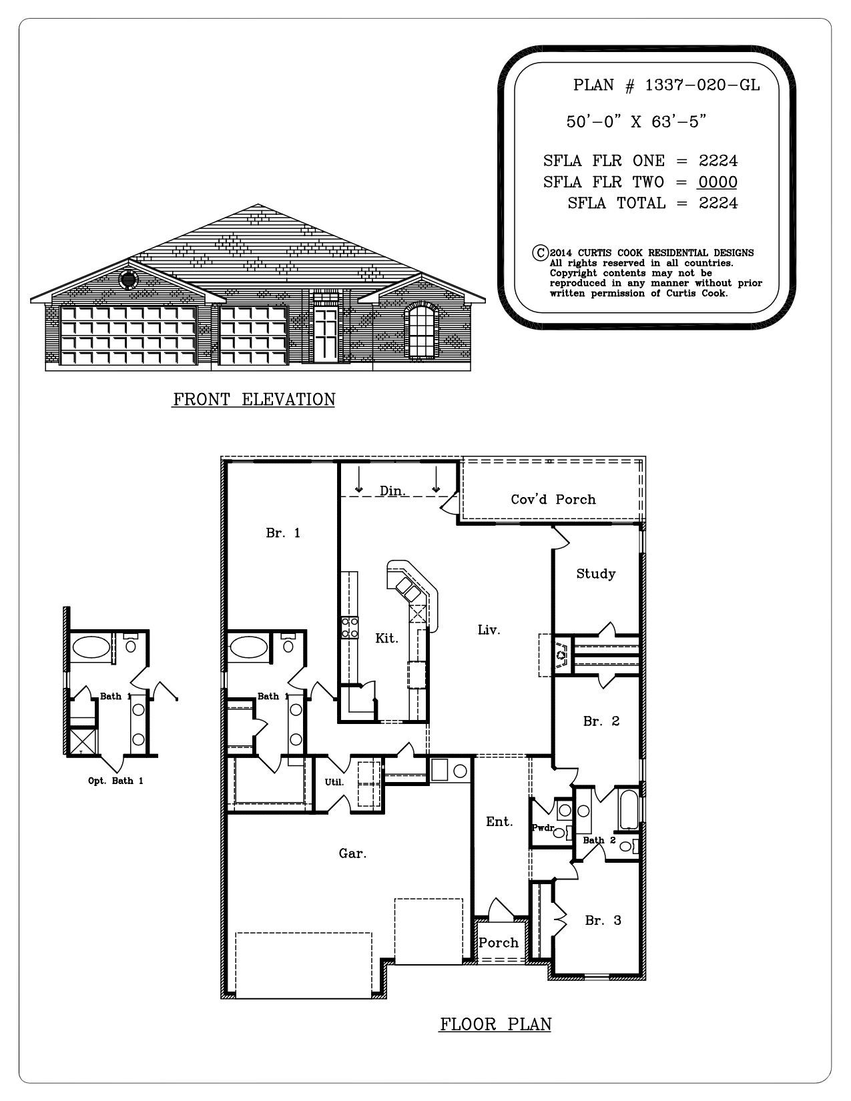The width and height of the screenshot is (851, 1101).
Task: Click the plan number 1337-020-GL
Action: [x=702, y=85]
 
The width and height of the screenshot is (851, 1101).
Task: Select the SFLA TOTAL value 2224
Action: [x=718, y=203]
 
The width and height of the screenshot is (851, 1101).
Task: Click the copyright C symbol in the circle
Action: [x=539, y=253]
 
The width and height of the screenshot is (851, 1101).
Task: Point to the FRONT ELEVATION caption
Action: [x=254, y=400]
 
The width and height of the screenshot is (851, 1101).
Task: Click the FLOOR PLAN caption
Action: [x=495, y=1024]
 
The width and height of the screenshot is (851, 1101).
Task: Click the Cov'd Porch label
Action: [x=553, y=499]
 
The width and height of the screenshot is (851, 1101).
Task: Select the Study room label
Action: [x=595, y=573]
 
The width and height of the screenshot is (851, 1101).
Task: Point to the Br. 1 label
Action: [x=282, y=532]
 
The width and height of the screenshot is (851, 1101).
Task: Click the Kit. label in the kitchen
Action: [x=386, y=638]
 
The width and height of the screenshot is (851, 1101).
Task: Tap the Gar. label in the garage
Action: [x=352, y=853]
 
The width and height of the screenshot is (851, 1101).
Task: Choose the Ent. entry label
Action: [x=499, y=822]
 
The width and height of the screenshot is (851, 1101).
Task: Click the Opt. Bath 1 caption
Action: [x=115, y=780]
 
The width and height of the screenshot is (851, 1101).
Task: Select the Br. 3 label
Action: [x=603, y=920]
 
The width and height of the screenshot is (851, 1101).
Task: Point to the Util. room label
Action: [x=334, y=782]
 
